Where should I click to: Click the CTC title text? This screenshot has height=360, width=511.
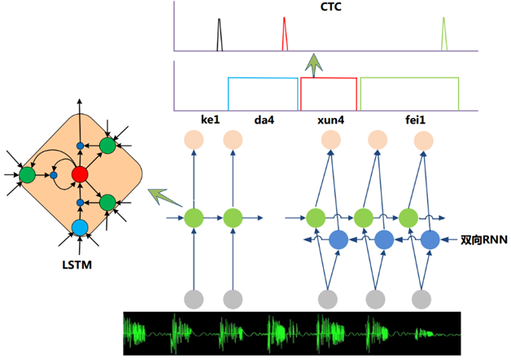331,7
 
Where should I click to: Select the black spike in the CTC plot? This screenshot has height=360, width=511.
220,34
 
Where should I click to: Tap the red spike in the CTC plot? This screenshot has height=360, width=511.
285,34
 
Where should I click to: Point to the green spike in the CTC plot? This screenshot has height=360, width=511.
443,34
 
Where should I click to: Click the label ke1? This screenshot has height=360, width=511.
210,120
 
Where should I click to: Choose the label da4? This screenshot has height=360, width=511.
264,120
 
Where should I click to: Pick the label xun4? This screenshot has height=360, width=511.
331,120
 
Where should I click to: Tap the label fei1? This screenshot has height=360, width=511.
415,120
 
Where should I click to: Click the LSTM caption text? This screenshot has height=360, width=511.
77,265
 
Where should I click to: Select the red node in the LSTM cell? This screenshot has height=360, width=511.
80,174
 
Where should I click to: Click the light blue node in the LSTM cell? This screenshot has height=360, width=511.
80,227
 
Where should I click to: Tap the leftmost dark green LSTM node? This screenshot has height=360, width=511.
27,175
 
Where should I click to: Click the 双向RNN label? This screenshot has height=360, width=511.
484,240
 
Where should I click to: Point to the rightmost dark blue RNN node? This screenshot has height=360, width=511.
430,239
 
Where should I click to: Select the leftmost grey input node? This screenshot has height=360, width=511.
194,299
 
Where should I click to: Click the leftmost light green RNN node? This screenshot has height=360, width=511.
194,217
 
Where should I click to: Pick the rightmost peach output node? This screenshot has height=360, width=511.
424,141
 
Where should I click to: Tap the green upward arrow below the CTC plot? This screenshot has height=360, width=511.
313,65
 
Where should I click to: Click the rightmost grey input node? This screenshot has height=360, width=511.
421,299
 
